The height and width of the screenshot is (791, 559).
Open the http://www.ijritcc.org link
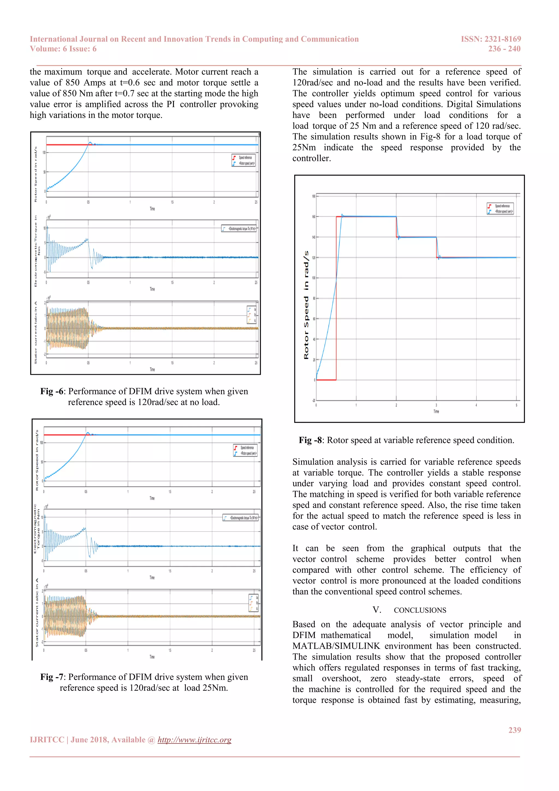pos(195,740)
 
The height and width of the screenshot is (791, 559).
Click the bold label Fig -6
pos(52,391)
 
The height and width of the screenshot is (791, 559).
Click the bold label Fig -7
pos(52,677)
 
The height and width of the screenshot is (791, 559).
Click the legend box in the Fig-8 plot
pos(500,209)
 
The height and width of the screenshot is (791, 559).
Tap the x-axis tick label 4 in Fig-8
pos(476,405)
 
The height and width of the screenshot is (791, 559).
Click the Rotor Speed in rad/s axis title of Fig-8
pos(306,305)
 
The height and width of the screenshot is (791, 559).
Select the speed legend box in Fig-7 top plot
pos(245,451)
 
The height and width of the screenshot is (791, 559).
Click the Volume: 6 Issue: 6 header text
pos(63,49)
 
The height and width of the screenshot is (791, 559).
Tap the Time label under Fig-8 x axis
pos(436,412)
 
